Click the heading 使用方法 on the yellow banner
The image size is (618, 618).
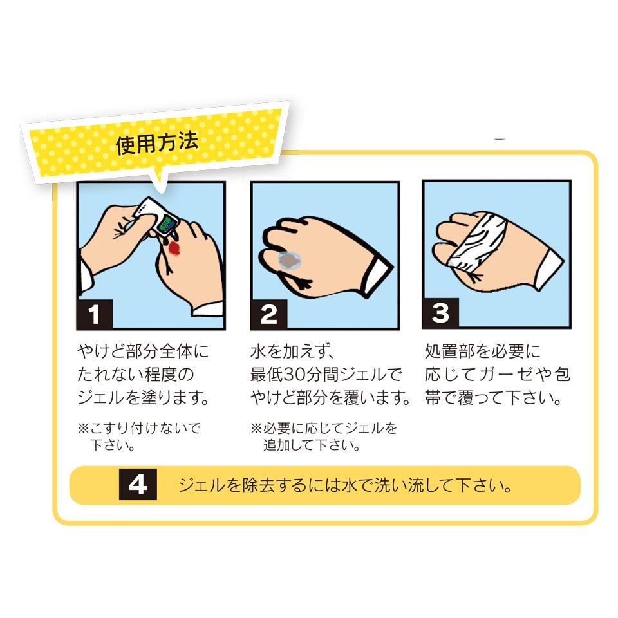pos(157,143)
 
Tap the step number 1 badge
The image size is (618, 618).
pos(95,314)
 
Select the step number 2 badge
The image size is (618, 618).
pos(269,315)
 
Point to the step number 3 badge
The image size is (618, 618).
pos(440,314)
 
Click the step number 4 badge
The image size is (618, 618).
pos(138,484)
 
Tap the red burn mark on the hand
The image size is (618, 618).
pos(174,248)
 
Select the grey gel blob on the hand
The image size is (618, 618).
pos(290,261)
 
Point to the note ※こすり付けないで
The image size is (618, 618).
pos(139,428)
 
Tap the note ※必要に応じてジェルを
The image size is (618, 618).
pos(324,428)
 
